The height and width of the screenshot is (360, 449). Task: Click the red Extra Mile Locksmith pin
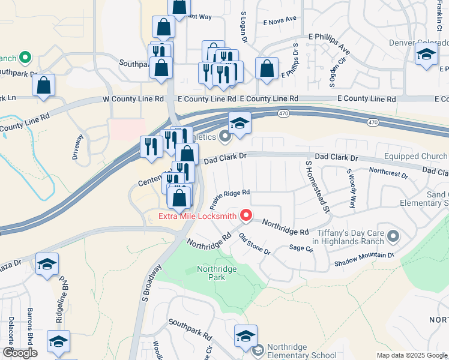click(246, 215)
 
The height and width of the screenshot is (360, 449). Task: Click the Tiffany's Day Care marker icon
click(393, 236)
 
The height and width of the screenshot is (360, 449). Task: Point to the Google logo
click(20, 353)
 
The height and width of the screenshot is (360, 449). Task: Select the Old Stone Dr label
click(255, 244)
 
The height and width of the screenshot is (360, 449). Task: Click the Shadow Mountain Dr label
click(364, 259)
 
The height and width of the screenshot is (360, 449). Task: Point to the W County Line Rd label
click(133, 98)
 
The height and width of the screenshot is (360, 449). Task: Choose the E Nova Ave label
click(280, 20)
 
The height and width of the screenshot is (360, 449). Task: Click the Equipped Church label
click(416, 157)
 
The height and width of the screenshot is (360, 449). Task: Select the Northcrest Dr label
click(388, 173)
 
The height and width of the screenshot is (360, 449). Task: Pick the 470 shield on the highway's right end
click(373, 122)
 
